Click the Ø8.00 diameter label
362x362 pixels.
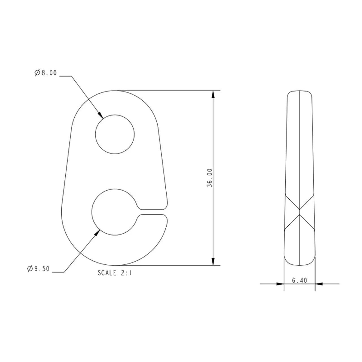pos(46,73)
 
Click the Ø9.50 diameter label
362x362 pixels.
pos(38,269)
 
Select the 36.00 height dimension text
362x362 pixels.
pos(210,178)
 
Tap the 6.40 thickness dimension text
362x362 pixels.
pos(299,281)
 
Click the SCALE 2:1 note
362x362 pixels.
pos(115,273)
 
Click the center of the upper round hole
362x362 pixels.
pos(115,134)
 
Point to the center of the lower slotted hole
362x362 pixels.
pos(115,212)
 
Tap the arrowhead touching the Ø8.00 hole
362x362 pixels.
pos(100,115)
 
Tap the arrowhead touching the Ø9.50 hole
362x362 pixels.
pos(97,233)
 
